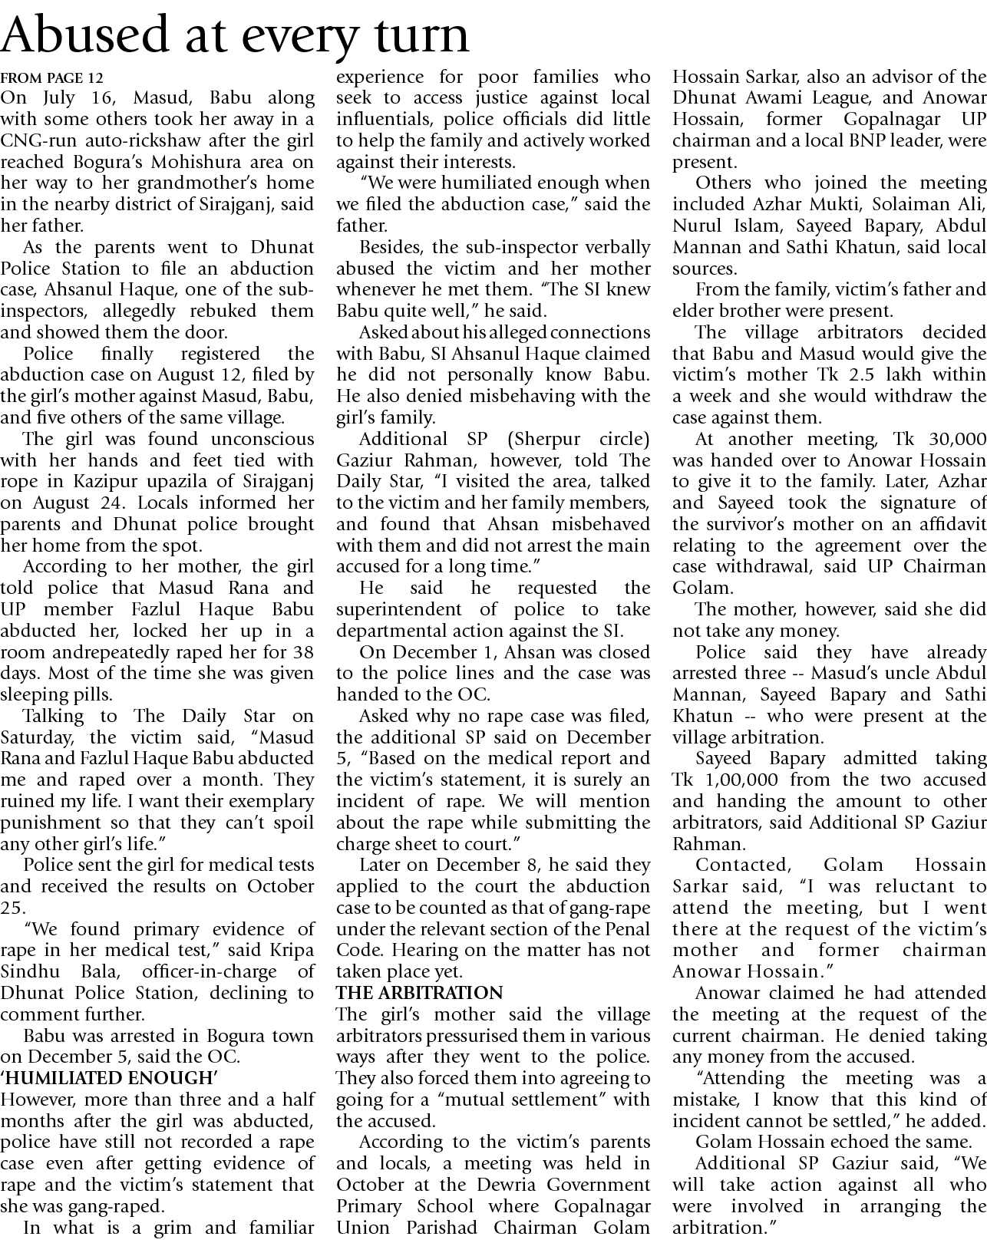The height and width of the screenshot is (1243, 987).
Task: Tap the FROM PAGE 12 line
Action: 52,78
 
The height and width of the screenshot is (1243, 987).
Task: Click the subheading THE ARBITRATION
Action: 420,993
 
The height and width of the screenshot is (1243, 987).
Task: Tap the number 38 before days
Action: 302,652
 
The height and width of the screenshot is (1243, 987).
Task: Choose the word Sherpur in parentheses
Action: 544,439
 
